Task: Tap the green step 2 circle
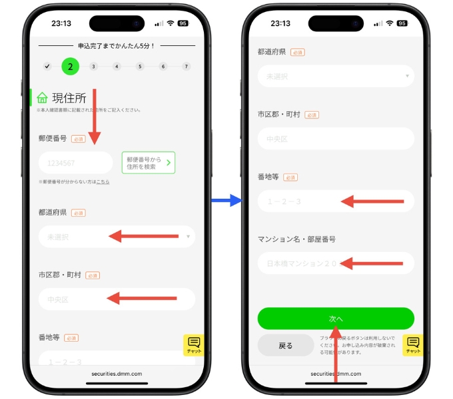(x=71, y=66)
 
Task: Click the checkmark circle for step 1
(x=47, y=66)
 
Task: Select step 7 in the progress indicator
(x=187, y=66)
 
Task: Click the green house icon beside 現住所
(x=43, y=98)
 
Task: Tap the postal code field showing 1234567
(x=75, y=163)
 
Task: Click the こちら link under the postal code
(x=103, y=182)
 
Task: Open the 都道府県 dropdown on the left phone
(x=117, y=236)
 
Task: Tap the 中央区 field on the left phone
(x=117, y=299)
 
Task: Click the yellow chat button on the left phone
(x=194, y=344)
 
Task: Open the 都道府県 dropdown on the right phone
(x=336, y=76)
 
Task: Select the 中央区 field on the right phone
(x=336, y=139)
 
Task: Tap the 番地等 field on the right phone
(x=336, y=201)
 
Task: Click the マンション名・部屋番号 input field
(x=336, y=263)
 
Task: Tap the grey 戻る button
(x=286, y=346)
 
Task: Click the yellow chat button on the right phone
(x=413, y=344)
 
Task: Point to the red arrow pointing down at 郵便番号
(x=95, y=116)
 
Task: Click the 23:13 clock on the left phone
(x=61, y=23)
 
